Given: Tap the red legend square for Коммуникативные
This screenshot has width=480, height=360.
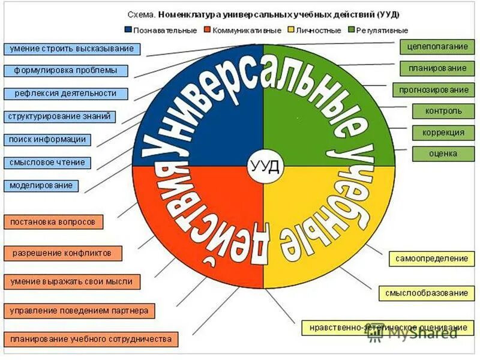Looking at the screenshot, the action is pos(207,29).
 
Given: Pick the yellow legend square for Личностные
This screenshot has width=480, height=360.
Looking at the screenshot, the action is pos(292,29).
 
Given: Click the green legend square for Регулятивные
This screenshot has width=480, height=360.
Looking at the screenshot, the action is pos(352,29).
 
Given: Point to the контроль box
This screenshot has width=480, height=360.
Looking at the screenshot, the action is pos(443,111).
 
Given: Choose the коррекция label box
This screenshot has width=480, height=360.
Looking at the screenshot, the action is pos(443,133).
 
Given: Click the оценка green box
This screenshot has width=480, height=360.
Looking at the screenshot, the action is pos(443,154).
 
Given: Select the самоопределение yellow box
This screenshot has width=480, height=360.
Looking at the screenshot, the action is pos(431,259).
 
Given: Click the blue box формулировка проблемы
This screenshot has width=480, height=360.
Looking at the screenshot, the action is pos(66,71).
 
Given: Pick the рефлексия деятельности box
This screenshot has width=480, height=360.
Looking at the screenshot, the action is pos(65,94).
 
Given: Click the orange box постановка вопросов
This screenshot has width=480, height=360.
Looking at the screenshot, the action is pos(53,221).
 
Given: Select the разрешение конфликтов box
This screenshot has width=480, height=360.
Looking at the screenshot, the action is pos(62,253).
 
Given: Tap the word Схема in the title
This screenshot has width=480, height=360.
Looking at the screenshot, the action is pos(142,13).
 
